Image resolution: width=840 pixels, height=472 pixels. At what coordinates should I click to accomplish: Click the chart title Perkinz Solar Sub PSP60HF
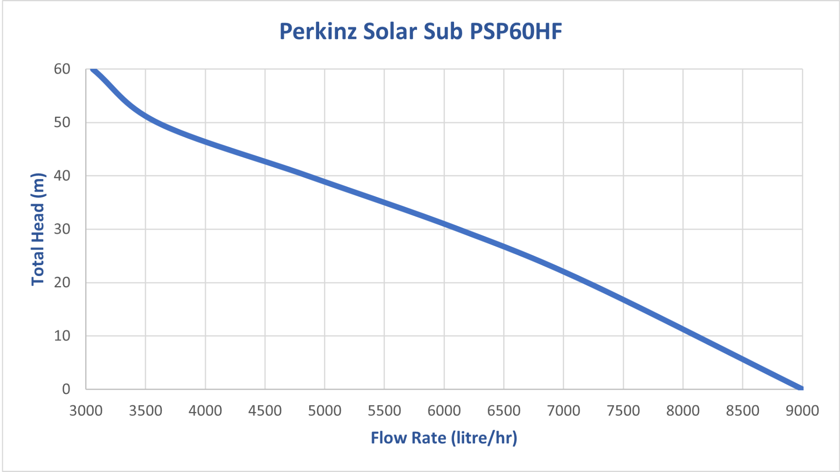tap(420, 31)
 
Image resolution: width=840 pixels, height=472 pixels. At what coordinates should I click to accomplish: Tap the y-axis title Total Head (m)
tap(38, 229)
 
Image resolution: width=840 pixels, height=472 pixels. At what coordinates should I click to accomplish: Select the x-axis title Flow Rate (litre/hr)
tap(444, 438)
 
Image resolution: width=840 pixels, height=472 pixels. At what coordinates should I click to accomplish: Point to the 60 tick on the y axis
tap(62, 69)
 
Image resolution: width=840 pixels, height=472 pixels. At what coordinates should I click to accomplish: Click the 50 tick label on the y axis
tap(62, 123)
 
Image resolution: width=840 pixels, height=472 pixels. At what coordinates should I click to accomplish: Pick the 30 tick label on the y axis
tap(62, 229)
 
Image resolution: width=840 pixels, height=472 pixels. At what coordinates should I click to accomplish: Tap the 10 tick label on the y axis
tap(62, 336)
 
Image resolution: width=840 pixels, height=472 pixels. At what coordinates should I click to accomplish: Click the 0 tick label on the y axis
tap(66, 389)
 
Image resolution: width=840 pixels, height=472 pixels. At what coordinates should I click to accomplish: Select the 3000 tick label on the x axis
tap(86, 410)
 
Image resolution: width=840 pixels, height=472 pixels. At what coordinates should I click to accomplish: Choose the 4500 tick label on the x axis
tap(265, 410)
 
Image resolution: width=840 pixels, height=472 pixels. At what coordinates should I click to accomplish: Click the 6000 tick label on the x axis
tap(444, 410)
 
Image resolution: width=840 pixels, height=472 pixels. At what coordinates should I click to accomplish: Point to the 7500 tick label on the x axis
tap(623, 410)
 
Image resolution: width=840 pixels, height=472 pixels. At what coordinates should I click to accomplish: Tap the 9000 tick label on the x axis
tap(802, 410)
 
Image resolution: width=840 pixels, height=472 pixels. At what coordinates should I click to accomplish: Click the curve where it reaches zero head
tap(801, 388)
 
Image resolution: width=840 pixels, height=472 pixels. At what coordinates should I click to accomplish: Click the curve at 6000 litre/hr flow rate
tap(444, 224)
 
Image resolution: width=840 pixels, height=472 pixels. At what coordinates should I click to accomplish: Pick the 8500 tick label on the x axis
tap(743, 410)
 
